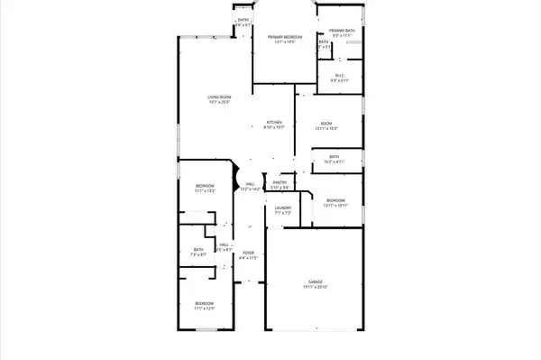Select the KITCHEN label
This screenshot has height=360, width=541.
pyautogui.click(x=274, y=122)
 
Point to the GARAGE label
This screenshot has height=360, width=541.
pyautogui.click(x=315, y=282)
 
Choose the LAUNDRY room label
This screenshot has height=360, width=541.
pyautogui.click(x=282, y=208)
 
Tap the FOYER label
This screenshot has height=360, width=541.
pyautogui.click(x=249, y=253)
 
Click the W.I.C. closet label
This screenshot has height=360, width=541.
pyautogui.click(x=340, y=76)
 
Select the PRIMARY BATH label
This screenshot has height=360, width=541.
pyautogui.click(x=342, y=31)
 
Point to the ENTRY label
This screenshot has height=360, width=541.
pyautogui.click(x=243, y=20)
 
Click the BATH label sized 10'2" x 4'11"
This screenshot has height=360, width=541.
pyautogui.click(x=334, y=157)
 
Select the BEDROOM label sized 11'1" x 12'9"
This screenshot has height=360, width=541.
pyautogui.click(x=205, y=303)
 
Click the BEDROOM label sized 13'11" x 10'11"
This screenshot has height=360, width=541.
pyautogui.click(x=335, y=199)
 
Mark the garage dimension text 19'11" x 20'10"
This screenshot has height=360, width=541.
pyautogui.click(x=315, y=288)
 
